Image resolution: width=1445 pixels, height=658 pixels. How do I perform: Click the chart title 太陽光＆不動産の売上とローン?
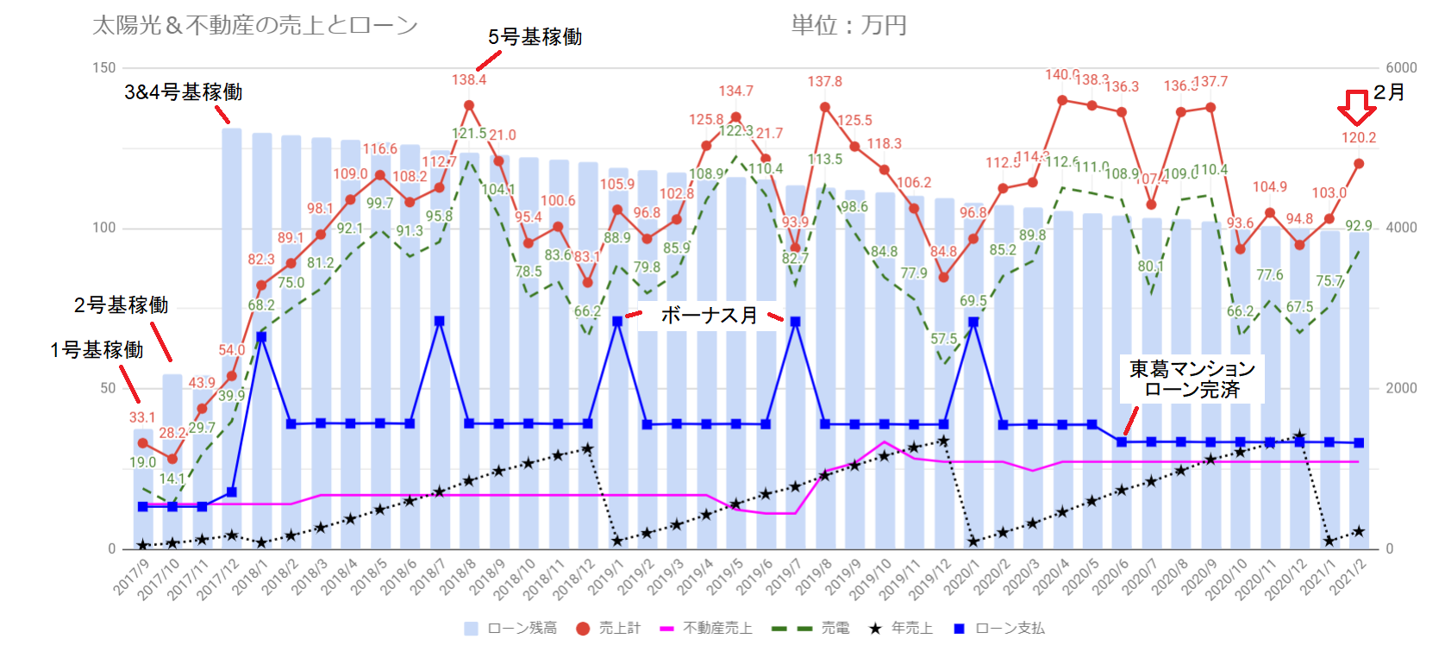[x=254, y=26]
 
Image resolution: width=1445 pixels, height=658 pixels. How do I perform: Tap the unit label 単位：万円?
[x=848, y=26]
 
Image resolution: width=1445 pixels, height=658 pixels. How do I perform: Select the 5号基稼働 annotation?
[x=535, y=37]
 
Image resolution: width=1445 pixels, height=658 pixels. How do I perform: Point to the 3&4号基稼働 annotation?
[x=183, y=92]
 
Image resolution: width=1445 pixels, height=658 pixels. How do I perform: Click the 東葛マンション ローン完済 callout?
[x=1192, y=379]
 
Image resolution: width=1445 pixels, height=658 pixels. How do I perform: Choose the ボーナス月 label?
[x=709, y=316]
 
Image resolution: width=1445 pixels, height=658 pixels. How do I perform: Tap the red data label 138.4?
[x=469, y=80]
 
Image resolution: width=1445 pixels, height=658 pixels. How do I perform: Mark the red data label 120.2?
[x=1359, y=138]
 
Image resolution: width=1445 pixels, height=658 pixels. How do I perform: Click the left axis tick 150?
[x=103, y=68]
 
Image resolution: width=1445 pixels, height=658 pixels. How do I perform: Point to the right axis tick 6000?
[x=1401, y=68]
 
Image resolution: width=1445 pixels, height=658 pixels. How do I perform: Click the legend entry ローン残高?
[x=510, y=629]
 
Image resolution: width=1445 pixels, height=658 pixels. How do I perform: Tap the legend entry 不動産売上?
[x=706, y=629]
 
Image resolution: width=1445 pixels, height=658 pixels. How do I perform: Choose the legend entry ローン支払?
[x=999, y=629]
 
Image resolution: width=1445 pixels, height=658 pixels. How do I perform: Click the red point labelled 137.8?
[x=825, y=108]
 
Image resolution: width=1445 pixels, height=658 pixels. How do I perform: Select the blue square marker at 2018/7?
[x=440, y=321]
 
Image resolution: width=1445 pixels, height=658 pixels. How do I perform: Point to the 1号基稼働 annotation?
[x=97, y=350]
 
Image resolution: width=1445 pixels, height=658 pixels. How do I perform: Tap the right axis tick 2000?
[x=1401, y=388]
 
